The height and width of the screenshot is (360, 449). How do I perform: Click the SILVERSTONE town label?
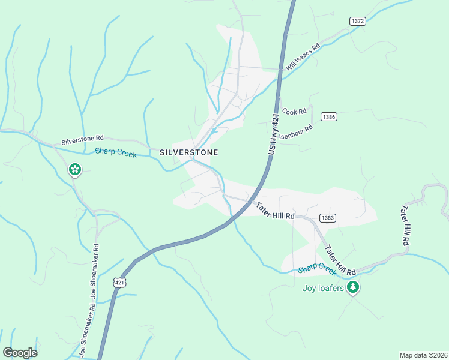[188, 152]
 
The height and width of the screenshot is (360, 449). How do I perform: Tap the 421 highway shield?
[120, 281]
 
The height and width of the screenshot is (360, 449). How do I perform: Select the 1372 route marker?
[358, 21]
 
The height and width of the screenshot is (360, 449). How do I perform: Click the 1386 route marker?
[328, 116]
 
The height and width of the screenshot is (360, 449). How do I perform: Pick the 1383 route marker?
[327, 218]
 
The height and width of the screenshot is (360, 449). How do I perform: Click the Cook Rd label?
[295, 111]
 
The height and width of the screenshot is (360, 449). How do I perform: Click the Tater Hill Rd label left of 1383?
[275, 211]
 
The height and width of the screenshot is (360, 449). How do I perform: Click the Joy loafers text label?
[323, 288]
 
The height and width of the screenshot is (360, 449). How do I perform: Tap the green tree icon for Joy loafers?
[354, 287]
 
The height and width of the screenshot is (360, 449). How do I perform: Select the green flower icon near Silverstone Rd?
[75, 170]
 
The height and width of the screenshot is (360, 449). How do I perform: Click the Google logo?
[20, 353]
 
